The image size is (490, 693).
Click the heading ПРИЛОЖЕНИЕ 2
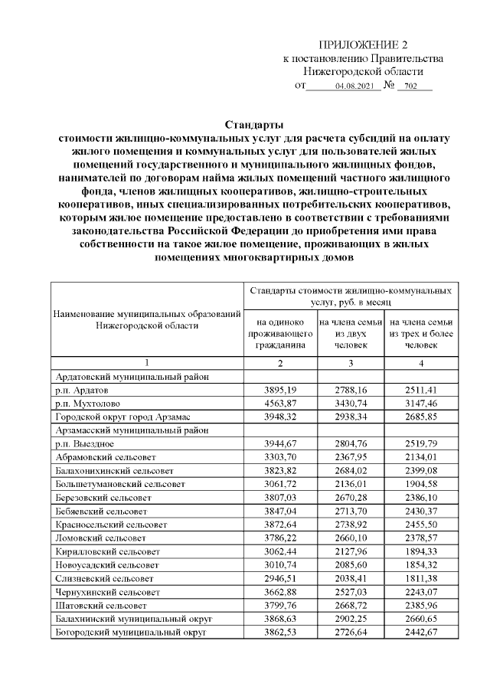click(x=363, y=45)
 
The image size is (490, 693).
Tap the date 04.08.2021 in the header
click(x=354, y=87)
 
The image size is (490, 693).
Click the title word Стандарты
click(x=254, y=125)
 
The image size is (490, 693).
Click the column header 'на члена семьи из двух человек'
click(x=351, y=334)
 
